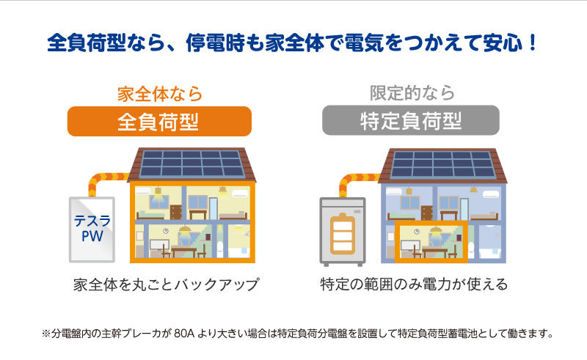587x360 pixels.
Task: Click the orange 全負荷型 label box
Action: [x=159, y=121]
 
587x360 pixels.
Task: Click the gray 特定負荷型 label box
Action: [x=411, y=120]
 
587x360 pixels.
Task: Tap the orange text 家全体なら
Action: [x=160, y=94]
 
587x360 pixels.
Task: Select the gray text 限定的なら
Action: [x=412, y=93]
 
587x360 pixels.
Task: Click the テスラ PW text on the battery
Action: [x=92, y=228]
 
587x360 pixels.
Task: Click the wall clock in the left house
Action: [x=166, y=231]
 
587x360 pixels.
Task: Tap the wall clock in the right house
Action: [x=417, y=232]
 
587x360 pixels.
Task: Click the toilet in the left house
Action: [x=220, y=249]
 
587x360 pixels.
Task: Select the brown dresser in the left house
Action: [x=175, y=212]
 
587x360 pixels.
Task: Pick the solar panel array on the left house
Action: [x=192, y=164]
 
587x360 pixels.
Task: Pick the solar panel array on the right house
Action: [x=442, y=164]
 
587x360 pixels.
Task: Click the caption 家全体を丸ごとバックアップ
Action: [x=166, y=284]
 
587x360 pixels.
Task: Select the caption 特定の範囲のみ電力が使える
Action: [x=414, y=284]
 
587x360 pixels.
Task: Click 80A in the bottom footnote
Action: [x=184, y=333]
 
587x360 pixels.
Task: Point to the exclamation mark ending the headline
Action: [x=533, y=43]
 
